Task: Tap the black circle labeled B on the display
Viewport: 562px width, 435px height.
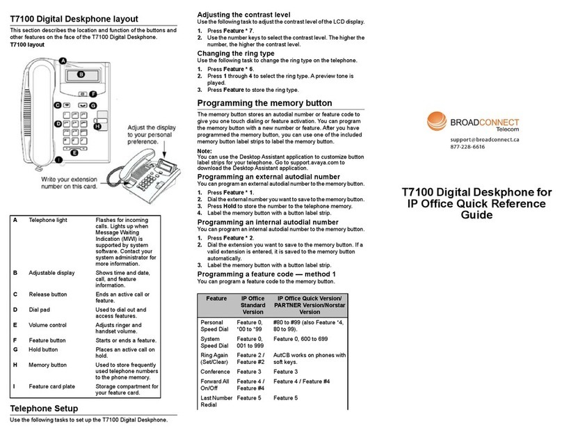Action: point(80,74)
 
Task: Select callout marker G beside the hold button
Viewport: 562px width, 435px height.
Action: point(93,105)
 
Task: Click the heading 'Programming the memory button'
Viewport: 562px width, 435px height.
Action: point(264,103)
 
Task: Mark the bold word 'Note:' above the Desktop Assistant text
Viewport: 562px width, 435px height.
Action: point(204,150)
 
